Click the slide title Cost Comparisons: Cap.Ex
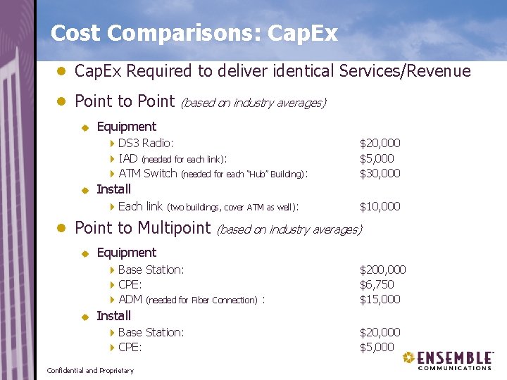pos(194,33)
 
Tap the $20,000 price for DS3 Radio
pos(380,144)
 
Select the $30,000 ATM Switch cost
pos(380,173)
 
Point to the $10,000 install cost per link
pos(380,206)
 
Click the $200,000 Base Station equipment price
pos(382,270)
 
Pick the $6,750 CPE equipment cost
pos(377,284)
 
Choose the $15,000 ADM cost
pos(380,299)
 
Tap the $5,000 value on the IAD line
pos(377,158)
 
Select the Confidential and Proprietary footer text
pos(89,370)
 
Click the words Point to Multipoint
pos(142,227)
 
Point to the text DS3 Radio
pos(146,144)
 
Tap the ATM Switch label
pos(148,173)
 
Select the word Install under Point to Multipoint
pos(113,315)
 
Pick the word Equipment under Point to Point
pos(126,127)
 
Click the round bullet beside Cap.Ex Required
pos(61,71)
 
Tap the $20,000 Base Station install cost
pos(380,332)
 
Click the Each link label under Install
pos(140,206)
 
